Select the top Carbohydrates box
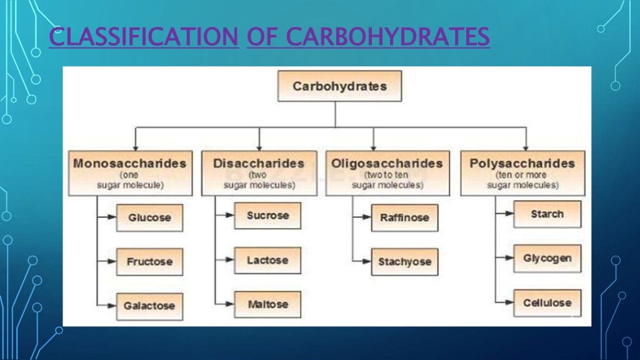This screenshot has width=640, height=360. pos(339,86)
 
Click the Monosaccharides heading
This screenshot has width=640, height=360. pos(130,164)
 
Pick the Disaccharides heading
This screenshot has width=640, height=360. pos(258,164)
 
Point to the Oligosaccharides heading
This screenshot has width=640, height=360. pos(387,164)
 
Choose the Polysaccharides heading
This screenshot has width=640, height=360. pos(522,164)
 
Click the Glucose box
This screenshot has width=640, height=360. pos(149,218)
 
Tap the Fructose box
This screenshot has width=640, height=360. pos(149,262)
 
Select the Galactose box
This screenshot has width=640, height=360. pos(149,306)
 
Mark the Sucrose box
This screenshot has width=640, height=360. pos(267,216)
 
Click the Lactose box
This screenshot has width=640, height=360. pos(267,260)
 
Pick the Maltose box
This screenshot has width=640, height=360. pos(267,304)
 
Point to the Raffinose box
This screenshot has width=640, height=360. pos(404,218)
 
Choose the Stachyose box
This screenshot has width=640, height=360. pos(404,262)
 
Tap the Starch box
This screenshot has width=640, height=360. pos(547,214)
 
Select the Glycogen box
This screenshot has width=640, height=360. pos(547,258)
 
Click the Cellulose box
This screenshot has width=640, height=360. pos(547,302)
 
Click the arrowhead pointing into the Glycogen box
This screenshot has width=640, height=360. pos(509,258)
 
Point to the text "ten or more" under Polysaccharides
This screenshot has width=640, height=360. pos(522,176)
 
